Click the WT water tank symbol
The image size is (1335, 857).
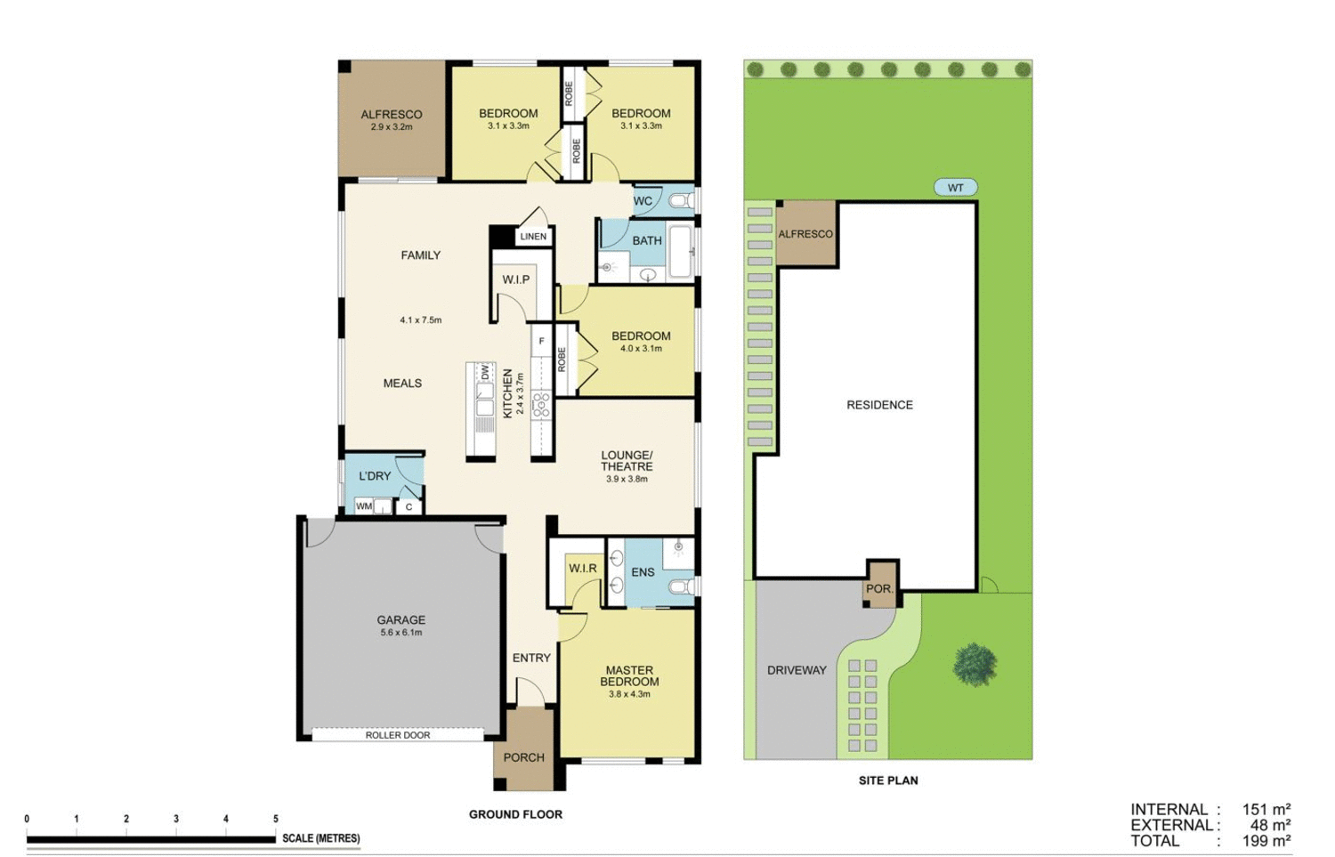pyautogui.click(x=955, y=188)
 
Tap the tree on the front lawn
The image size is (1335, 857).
pyautogui.click(x=975, y=665)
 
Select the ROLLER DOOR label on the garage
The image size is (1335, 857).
pyautogui.click(x=397, y=735)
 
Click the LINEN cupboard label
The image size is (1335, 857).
pyautogui.click(x=533, y=237)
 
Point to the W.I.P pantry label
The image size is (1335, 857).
pyautogui.click(x=515, y=279)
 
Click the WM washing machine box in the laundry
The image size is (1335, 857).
pyautogui.click(x=364, y=506)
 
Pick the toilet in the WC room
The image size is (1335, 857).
pyautogui.click(x=681, y=201)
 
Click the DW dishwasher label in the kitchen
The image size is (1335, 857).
pyautogui.click(x=485, y=373)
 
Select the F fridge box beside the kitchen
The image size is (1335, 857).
pyautogui.click(x=541, y=341)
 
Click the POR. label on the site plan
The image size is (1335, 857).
pyautogui.click(x=879, y=589)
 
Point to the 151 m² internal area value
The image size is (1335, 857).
pyautogui.click(x=1266, y=810)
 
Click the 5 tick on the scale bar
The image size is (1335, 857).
pyautogui.click(x=276, y=819)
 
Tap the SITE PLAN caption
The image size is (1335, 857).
pyautogui.click(x=887, y=780)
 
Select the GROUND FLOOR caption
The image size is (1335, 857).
pyautogui.click(x=515, y=814)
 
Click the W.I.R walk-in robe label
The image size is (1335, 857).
pyautogui.click(x=583, y=569)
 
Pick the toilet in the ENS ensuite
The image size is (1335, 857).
pyautogui.click(x=684, y=586)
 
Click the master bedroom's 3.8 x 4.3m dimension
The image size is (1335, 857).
pyautogui.click(x=629, y=694)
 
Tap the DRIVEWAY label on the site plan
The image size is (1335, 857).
pyautogui.click(x=797, y=670)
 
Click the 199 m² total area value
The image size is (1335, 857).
pyautogui.click(x=1266, y=841)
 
